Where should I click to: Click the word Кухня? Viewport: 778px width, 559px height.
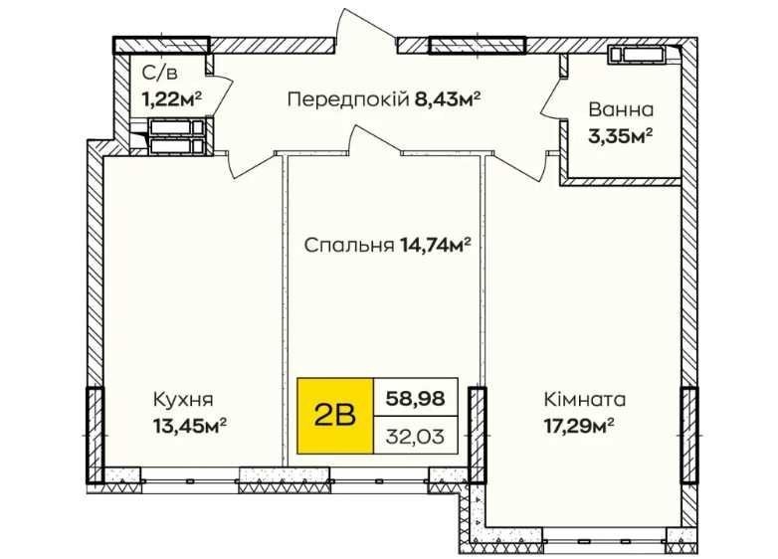pos(183,399)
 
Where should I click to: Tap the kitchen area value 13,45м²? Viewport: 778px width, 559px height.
pos(191,425)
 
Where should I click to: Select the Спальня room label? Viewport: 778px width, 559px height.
pos(349,245)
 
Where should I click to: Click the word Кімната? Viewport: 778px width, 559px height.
pos(584,399)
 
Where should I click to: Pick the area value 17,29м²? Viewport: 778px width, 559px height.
pos(580,425)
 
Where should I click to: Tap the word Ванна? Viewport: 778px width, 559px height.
pos(621,109)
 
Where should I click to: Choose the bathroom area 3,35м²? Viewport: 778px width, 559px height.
pos(620,135)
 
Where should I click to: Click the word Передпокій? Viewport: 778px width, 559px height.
pos(347,100)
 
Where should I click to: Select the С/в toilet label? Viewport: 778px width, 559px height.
pos(159,74)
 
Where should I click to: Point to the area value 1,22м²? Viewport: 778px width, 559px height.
pos(172,98)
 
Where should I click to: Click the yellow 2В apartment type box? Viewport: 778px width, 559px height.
pos(335,416)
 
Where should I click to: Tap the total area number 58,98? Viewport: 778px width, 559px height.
pos(415,398)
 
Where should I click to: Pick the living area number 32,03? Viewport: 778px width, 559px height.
pos(415,437)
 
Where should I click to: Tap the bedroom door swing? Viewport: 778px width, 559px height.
pos(375,139)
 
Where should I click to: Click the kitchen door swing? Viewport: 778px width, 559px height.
pos(251,164)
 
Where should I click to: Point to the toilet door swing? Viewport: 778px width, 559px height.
pos(220,91)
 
